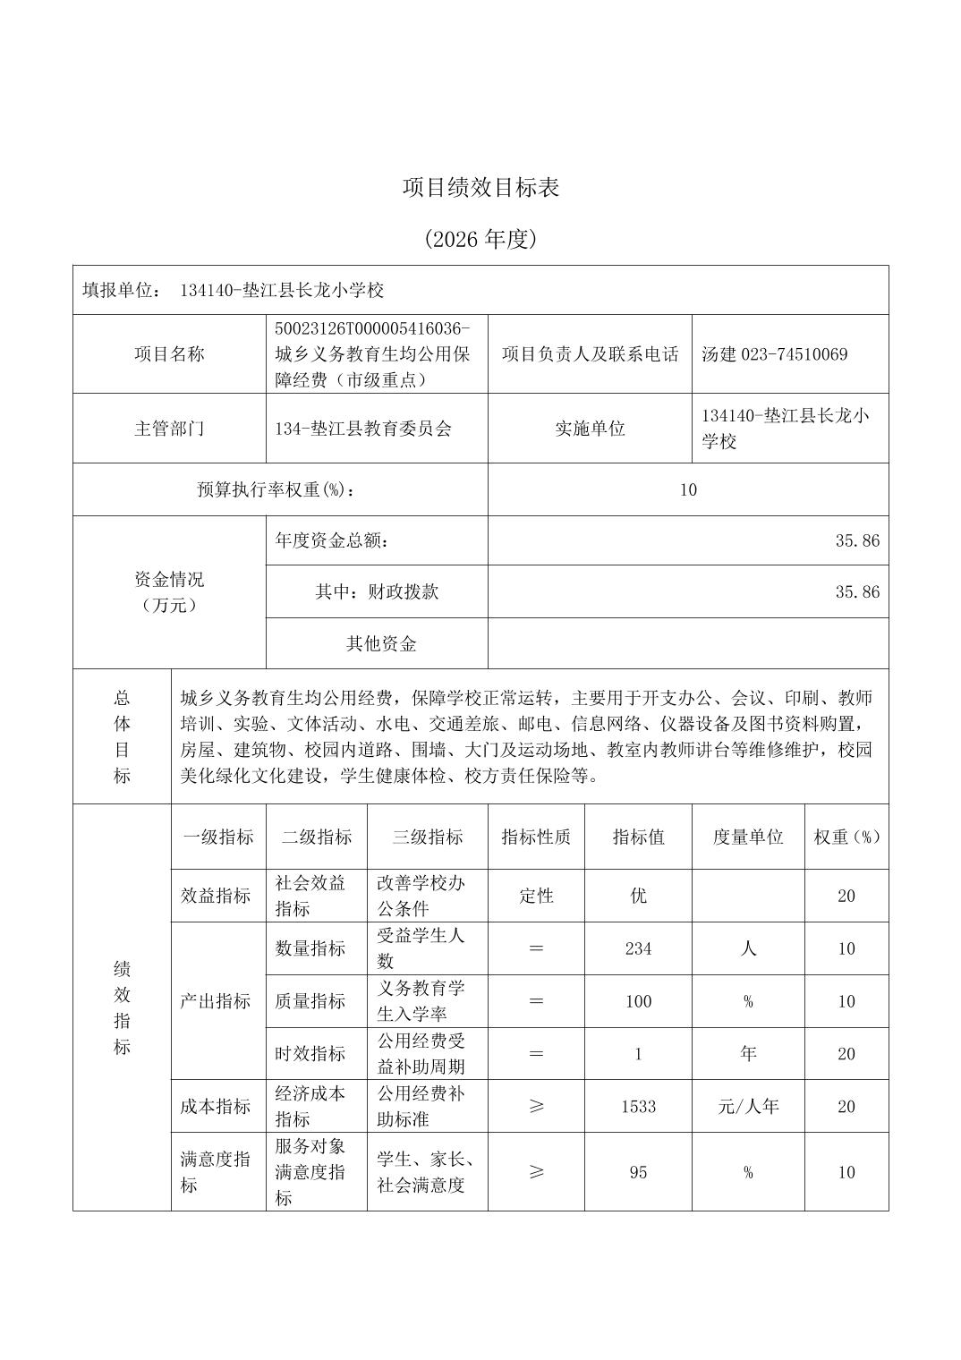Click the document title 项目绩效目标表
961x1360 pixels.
pos(480,188)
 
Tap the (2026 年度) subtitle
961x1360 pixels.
pos(480,239)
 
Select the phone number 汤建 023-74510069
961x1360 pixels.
pos(774,354)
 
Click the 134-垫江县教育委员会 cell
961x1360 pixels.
pos(363,429)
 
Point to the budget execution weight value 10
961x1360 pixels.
pos(687,489)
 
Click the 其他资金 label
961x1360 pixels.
pos(381,643)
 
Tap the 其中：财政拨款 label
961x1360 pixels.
pos(377,591)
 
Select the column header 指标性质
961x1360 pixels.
pos(536,837)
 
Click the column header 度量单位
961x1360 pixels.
pos(747,837)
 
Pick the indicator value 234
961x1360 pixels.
pos(638,948)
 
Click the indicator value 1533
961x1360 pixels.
pos(638,1106)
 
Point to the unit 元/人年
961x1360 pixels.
pos(747,1106)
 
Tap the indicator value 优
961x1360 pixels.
pos(638,896)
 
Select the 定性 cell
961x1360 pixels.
pos(536,896)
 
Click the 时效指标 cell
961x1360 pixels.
pos(310,1053)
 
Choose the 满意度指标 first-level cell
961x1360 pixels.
pos(216,1171)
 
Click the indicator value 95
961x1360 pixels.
pos(638,1172)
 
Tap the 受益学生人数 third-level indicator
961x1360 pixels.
pos(421,948)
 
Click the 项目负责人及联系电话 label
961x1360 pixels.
pos(590,354)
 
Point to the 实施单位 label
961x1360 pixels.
pos(590,429)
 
